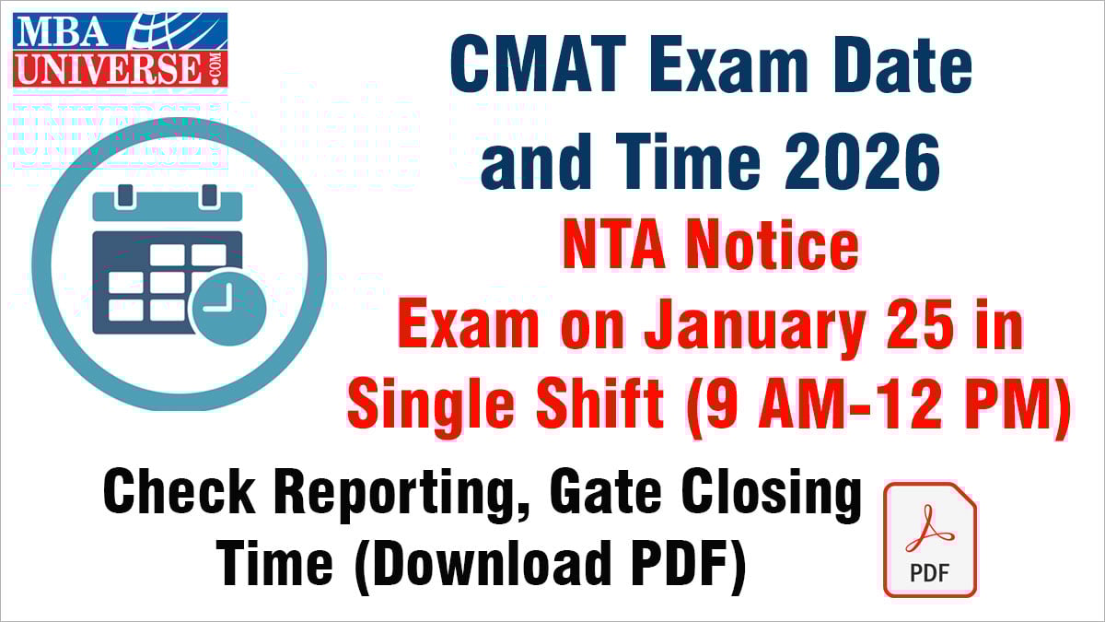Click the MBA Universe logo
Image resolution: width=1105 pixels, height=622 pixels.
121,51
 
